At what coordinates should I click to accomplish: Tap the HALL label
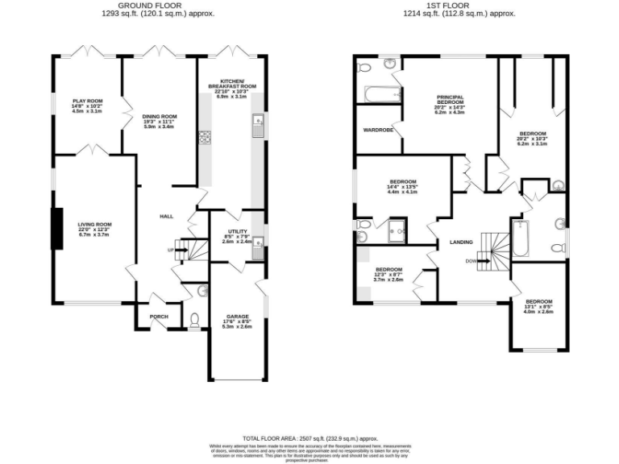pos(167,216)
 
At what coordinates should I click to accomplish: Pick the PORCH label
pos(160,317)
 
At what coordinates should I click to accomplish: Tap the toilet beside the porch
pos(194,321)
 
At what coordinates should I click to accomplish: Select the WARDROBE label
pos(378,129)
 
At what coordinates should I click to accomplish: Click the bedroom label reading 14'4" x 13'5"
pos(401,187)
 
